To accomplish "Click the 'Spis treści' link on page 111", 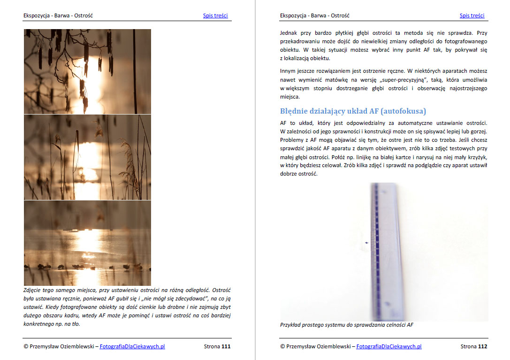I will coord(215,15).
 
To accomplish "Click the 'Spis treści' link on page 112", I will coord(472,15).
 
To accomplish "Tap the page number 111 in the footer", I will coord(226,347).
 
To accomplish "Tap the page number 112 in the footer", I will coord(482,347).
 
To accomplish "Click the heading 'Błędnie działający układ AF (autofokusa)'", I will coord(353,111).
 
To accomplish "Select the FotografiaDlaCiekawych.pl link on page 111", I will coord(132,347).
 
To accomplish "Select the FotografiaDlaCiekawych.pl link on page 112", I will coord(389,347).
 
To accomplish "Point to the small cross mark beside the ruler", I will coord(366,243).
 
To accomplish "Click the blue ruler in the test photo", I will coord(385,249).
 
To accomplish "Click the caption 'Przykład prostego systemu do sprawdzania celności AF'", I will coord(347,324).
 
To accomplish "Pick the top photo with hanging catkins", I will coord(87,71).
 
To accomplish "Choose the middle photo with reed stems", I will coord(87,157).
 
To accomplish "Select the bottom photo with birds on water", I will coord(87,243).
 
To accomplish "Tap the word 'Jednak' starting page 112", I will coord(289,33).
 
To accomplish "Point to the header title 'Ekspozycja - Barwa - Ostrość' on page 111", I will coord(58,15).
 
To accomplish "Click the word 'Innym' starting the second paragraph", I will coord(288,71).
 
